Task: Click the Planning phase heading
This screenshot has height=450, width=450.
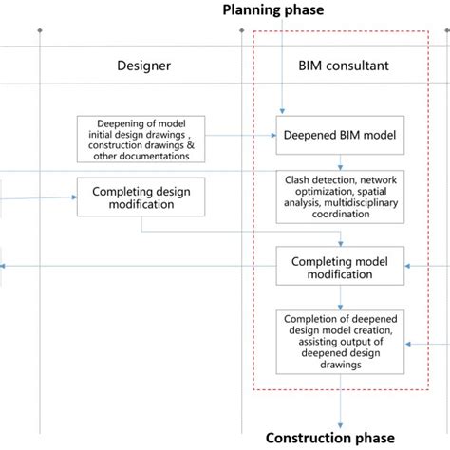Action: coord(272,10)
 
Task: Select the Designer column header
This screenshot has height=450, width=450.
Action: coord(143,66)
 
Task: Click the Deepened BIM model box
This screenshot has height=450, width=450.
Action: coord(339,135)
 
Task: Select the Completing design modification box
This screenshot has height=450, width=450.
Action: coord(141,197)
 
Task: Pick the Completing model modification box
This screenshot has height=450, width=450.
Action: coord(339,267)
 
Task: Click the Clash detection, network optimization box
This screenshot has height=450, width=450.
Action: coord(339,197)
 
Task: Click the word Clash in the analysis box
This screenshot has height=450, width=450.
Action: coord(302,178)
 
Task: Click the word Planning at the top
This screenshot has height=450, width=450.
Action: coord(252,10)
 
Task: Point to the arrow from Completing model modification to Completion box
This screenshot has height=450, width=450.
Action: coord(339,297)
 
